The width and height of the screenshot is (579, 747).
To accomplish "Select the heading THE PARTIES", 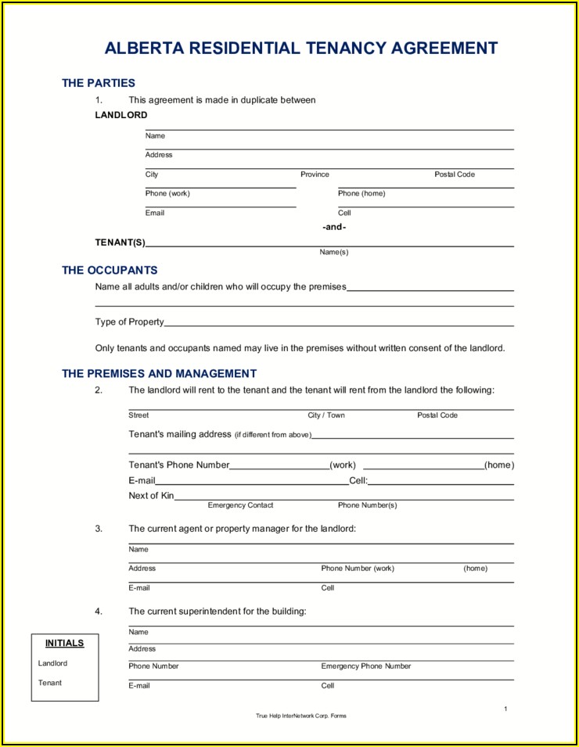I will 99,83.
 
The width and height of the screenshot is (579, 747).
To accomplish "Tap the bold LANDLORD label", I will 121,115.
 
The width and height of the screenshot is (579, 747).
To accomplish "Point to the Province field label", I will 315,174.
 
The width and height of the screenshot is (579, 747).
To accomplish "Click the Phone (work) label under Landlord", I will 167,193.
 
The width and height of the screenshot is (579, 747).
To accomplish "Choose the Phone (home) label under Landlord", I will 361,193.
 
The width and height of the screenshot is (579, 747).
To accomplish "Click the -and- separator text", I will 334,227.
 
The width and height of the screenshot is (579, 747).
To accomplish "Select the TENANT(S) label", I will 120,242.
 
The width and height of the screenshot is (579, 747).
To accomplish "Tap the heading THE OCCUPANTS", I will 110,271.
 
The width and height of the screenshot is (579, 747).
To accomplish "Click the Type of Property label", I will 130,321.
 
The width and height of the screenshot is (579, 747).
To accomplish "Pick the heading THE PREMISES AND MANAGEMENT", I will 160,374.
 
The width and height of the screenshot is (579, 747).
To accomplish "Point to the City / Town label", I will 326,415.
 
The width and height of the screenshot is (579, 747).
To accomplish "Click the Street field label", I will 138,415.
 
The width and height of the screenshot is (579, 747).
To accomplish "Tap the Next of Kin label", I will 151,495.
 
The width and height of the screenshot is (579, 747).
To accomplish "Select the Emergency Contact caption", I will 241,505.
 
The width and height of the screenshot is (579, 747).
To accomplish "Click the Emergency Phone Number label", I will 366,666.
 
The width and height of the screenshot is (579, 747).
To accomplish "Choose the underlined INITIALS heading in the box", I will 64,643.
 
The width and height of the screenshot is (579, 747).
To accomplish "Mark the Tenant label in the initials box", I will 50,683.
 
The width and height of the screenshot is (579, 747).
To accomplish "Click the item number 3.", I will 99,529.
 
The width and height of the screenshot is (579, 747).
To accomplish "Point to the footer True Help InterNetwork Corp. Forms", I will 301,716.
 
